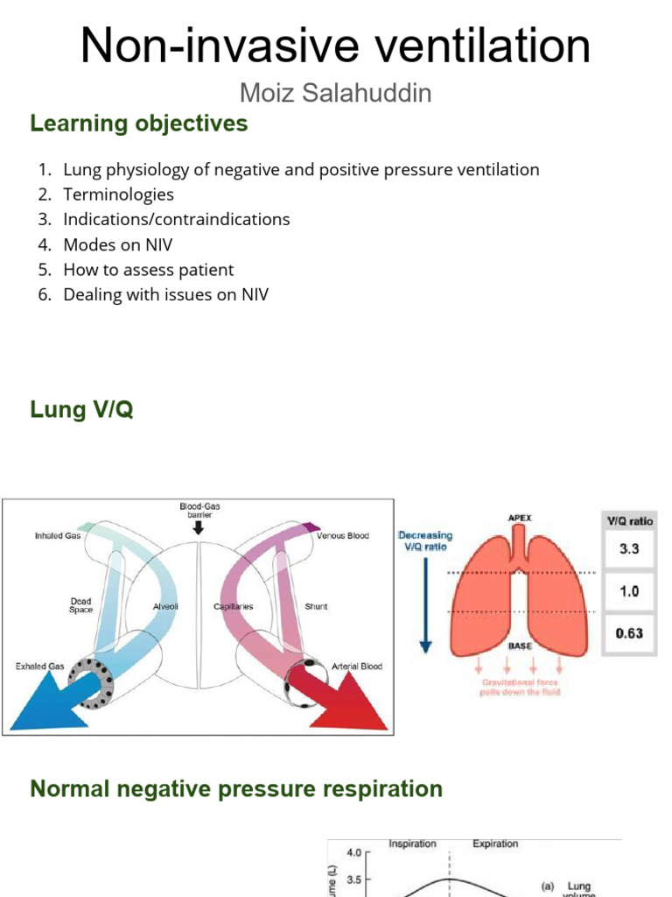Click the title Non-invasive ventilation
pyautogui.click(x=335, y=46)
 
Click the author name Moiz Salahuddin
pyautogui.click(x=335, y=94)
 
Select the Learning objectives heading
pyautogui.click(x=139, y=124)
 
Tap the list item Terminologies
pyautogui.click(x=118, y=194)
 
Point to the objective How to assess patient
pyautogui.click(x=148, y=270)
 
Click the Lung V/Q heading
pyautogui.click(x=81, y=409)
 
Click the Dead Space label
pyautogui.click(x=80, y=605)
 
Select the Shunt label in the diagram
pyautogui.click(x=316, y=606)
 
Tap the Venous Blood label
pyautogui.click(x=342, y=535)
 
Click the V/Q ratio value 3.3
pyautogui.click(x=629, y=550)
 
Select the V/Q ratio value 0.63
pyautogui.click(x=629, y=632)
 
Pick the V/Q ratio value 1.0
pyautogui.click(x=629, y=591)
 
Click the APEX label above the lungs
pyautogui.click(x=520, y=518)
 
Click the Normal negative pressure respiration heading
pyautogui.click(x=236, y=788)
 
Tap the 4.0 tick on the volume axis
pyautogui.click(x=353, y=851)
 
